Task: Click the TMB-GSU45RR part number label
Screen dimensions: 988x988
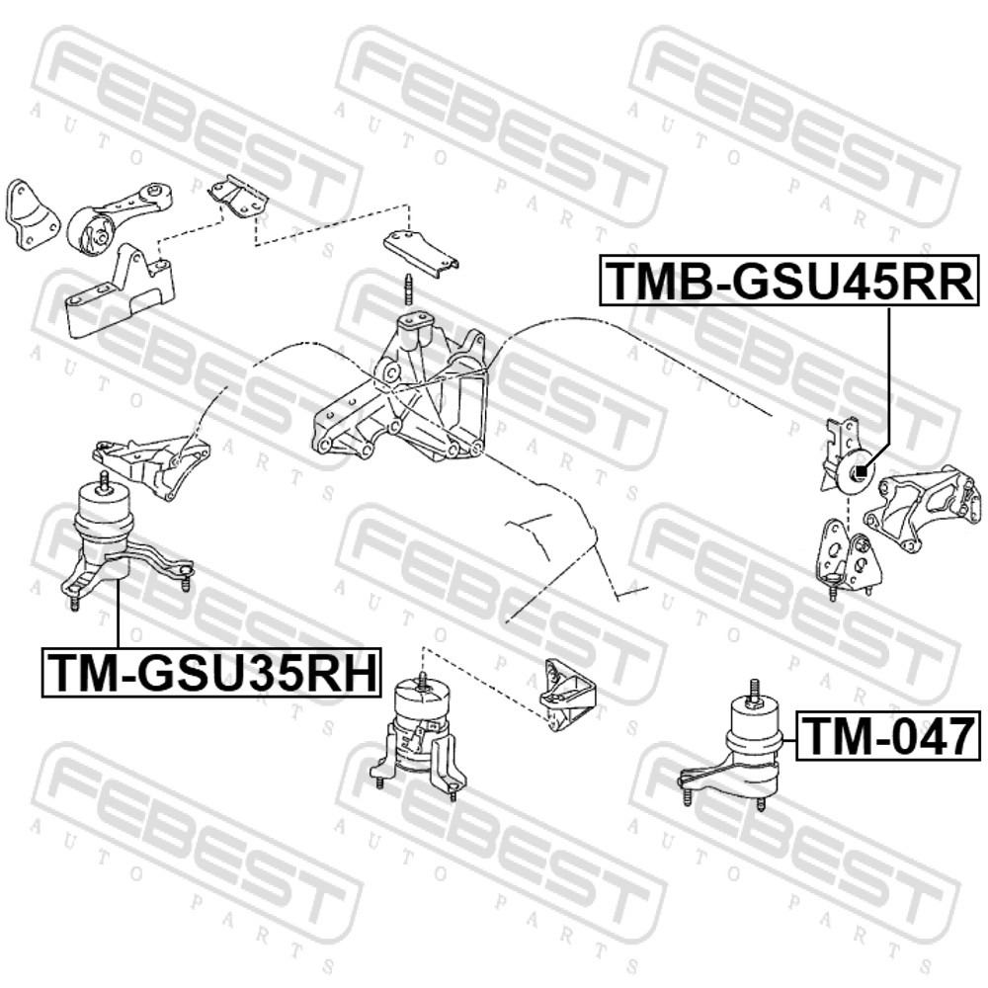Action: [x=788, y=280]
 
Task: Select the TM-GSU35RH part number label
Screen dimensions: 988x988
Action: [x=211, y=672]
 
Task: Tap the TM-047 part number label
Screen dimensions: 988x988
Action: [x=888, y=736]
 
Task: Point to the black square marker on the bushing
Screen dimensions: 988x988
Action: [x=862, y=469]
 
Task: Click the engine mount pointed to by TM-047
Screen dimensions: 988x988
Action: [x=733, y=745]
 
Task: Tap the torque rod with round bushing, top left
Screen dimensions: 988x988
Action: [x=118, y=220]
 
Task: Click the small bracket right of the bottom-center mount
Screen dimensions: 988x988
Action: [x=568, y=695]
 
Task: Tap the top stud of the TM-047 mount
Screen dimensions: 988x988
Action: [x=753, y=692]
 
